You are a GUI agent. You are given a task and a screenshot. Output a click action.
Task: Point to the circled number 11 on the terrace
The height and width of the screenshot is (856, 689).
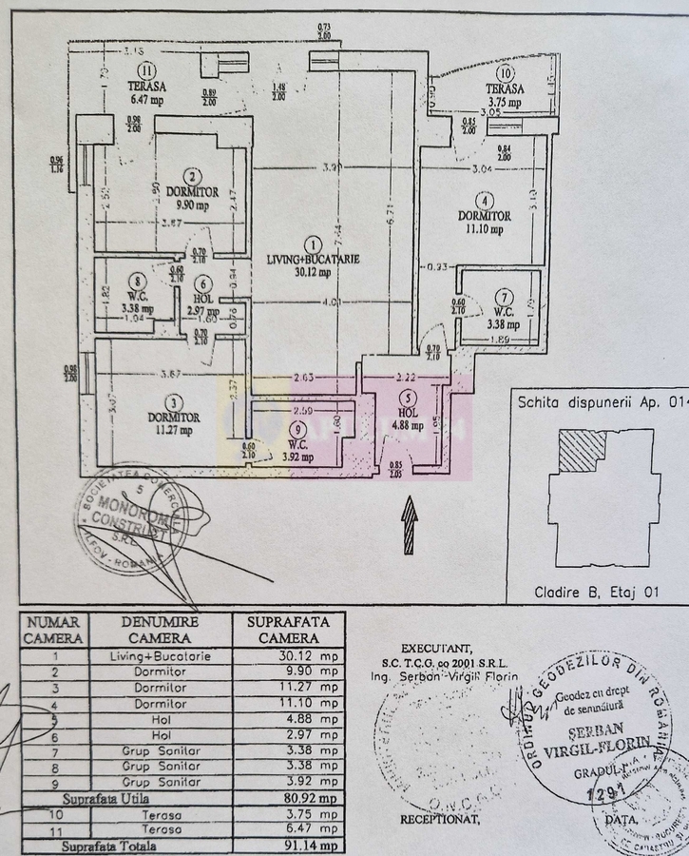[145, 69]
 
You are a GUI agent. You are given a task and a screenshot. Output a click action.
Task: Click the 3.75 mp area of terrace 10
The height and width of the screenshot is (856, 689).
[505, 102]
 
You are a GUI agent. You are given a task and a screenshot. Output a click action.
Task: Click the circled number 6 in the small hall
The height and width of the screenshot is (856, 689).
[201, 282]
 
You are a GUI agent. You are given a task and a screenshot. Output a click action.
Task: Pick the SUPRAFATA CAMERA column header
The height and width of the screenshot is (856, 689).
[288, 630]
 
